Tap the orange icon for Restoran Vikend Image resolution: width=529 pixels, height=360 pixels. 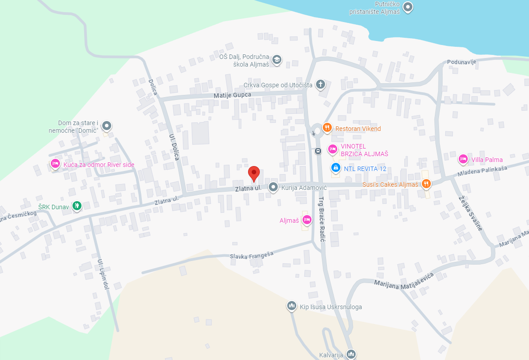coord(327,128)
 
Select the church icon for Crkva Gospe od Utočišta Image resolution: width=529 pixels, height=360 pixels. coord(320,84)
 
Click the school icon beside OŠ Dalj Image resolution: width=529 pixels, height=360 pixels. coord(276,59)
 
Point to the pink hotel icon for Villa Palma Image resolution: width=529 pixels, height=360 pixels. coord(463,159)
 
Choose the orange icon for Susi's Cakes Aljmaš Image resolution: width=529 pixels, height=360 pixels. coord(426,184)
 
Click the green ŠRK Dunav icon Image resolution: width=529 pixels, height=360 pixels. coord(77,206)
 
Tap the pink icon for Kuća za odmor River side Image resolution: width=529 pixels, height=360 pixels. coord(55,164)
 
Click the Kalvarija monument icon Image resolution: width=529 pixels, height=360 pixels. coord(351,355)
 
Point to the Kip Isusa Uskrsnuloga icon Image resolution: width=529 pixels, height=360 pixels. coord(291,306)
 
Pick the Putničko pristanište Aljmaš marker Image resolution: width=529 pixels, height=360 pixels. coord(408,7)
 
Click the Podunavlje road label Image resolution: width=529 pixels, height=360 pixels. coord(461,62)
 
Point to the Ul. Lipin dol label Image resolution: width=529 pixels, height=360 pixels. coord(104,274)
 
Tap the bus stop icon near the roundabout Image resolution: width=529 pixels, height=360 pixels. coord(318,151)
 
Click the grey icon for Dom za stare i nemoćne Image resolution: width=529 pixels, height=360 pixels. coord(106,126)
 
